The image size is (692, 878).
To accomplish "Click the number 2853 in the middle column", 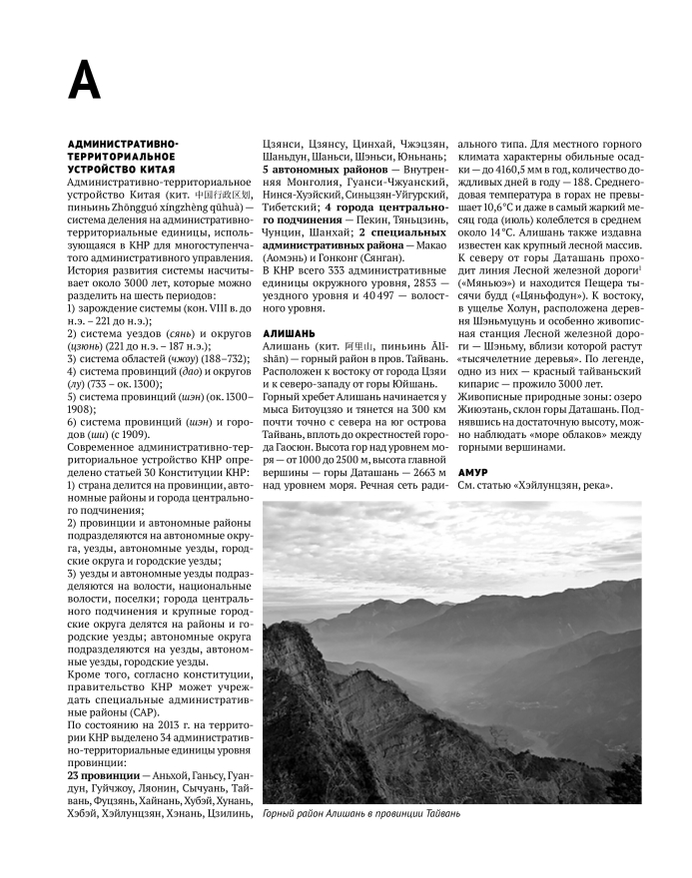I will click(x=406, y=282).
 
